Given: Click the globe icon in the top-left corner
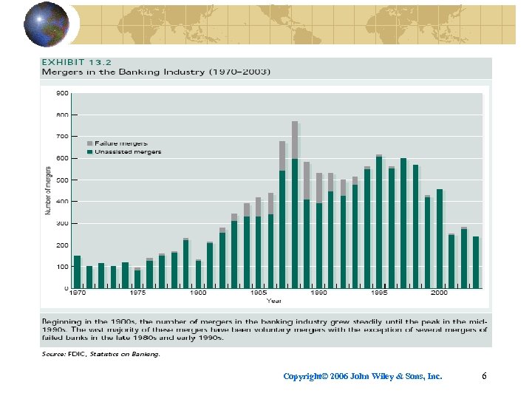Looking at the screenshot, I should click(47, 24).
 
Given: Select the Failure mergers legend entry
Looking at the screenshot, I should click(122, 143).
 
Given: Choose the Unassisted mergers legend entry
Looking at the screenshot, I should click(126, 151).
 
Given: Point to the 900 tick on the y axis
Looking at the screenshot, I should click(63, 93).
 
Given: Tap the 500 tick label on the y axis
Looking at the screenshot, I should click(63, 180).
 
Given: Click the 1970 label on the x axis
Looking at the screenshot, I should click(77, 293).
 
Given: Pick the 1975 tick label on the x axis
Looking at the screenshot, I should click(137, 293).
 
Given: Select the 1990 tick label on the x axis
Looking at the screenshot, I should click(318, 293).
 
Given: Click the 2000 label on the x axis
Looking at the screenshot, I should click(439, 293).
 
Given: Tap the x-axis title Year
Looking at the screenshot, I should click(274, 301).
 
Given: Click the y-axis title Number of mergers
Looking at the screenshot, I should click(48, 191).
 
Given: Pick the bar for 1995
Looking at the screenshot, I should click(379, 222).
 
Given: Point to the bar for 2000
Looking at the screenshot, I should click(440, 239).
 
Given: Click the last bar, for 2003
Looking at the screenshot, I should click(476, 262).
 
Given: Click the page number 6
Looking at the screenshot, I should click(484, 377).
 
